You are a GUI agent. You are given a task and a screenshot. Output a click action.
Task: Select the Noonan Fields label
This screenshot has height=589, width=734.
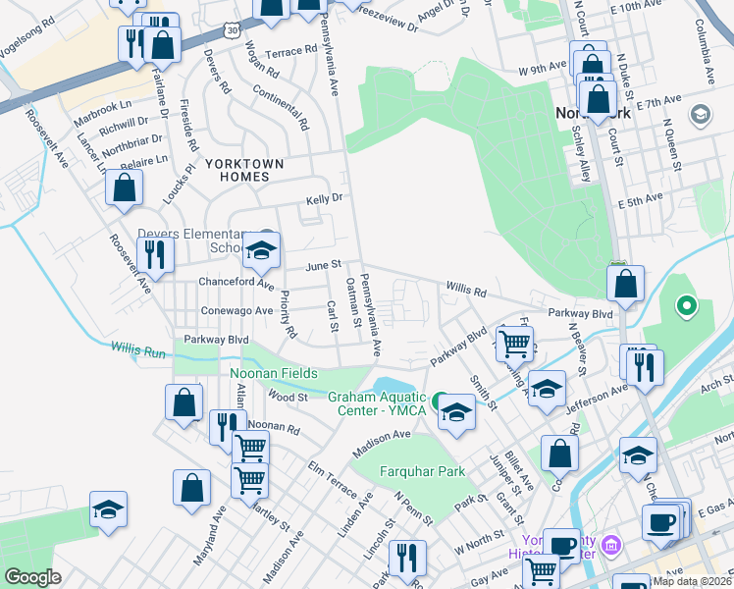coord(274,374)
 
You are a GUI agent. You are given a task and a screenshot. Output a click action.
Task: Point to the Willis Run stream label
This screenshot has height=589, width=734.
coord(137,348)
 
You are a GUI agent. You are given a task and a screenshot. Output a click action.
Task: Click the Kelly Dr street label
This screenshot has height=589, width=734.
coord(322,197)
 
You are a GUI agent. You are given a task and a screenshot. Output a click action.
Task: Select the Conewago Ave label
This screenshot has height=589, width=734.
coord(236,310)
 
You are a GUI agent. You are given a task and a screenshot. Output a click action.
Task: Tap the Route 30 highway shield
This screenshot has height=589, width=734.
coord(230,30)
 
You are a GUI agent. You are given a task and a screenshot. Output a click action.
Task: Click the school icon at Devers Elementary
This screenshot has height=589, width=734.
coord(262,251)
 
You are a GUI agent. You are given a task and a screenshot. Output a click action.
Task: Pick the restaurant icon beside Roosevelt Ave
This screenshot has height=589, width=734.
coord(155,253)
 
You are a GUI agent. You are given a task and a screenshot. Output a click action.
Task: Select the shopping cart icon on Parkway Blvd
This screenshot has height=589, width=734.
coord(514,344)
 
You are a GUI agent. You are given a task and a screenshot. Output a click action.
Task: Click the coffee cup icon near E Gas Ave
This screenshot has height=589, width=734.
coord(662,520)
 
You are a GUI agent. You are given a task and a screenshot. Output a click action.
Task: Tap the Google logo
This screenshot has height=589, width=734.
coord(32,577)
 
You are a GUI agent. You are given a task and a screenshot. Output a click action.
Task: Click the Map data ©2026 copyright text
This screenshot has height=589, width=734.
coord(692,581)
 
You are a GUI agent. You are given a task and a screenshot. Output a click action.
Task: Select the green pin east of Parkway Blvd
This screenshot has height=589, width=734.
coord(687,307)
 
